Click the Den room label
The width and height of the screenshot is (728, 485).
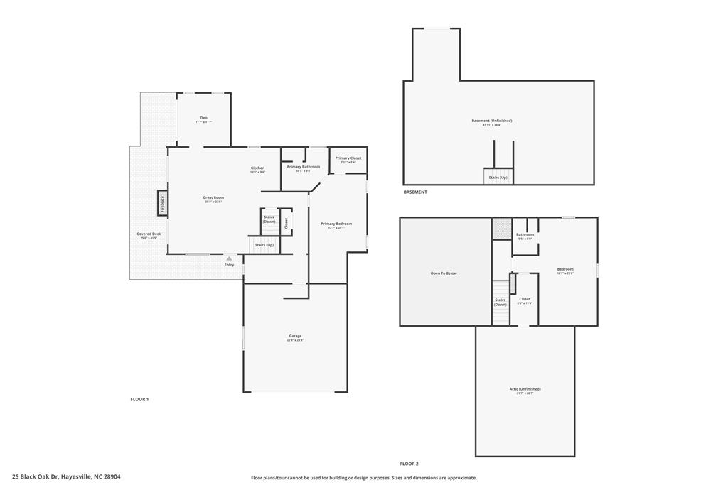click(x=204, y=118)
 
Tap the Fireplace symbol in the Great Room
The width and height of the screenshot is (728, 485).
click(x=162, y=204)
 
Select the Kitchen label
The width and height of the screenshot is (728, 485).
click(x=257, y=168)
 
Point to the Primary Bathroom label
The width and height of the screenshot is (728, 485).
click(x=304, y=167)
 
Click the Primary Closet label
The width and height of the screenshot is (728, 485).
click(x=348, y=158)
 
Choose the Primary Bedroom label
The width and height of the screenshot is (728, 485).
click(x=336, y=224)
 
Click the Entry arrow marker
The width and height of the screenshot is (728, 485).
click(x=229, y=258)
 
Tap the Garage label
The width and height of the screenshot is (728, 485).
click(x=295, y=336)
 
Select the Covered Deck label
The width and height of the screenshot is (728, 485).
click(x=149, y=234)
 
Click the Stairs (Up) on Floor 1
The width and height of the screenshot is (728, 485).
click(x=264, y=245)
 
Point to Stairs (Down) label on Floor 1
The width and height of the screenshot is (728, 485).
click(x=269, y=219)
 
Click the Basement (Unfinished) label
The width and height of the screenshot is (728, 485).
click(x=492, y=121)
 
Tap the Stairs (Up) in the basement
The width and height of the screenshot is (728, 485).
click(x=498, y=177)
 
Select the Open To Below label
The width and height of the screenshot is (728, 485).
click(x=444, y=273)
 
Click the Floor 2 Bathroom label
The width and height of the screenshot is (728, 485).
click(x=525, y=234)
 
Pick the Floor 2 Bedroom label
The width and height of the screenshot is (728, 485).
click(x=565, y=269)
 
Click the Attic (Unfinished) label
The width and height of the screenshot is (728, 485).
click(x=525, y=389)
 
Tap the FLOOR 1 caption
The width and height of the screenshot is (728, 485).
click(x=139, y=399)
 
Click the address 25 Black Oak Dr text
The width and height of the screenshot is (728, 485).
click(x=66, y=477)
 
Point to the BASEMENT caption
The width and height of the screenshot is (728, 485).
click(x=415, y=192)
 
